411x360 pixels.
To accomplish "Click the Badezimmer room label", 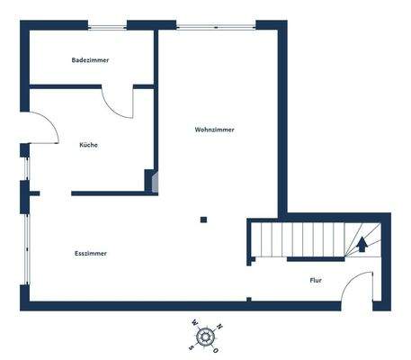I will pos(90,60).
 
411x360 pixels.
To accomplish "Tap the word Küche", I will pos(89,145).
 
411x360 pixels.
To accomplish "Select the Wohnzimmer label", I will pos(215,130).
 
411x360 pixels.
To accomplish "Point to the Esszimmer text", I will pos(91,254).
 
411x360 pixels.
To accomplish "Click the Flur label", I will pos(316,281).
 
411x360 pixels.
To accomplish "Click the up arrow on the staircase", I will pos(362,242).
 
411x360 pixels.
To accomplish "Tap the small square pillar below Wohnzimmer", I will pos(204,219).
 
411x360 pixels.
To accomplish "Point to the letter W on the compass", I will pos(192,326).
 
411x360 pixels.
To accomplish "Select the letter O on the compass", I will pos(220,346).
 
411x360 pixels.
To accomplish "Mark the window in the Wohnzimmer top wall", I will pos(216,24).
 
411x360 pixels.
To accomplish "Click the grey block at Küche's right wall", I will pos(155,183).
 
